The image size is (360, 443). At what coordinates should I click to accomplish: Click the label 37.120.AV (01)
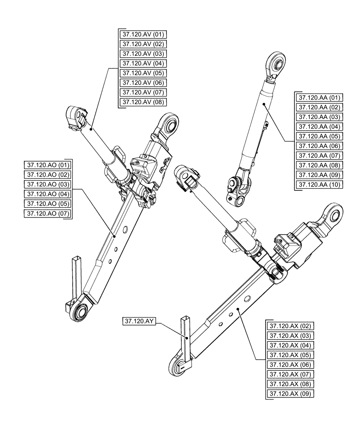(x=143, y=34)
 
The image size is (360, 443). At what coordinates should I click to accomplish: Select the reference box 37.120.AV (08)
(x=143, y=102)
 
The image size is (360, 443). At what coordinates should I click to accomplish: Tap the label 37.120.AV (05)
(x=143, y=73)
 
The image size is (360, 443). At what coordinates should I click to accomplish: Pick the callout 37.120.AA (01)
(x=319, y=97)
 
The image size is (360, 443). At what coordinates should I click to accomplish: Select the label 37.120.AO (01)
(x=49, y=165)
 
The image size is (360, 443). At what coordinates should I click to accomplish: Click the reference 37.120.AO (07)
(x=49, y=214)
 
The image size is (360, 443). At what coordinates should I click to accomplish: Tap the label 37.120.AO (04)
(x=49, y=194)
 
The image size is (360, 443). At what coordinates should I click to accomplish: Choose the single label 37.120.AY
(x=139, y=322)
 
